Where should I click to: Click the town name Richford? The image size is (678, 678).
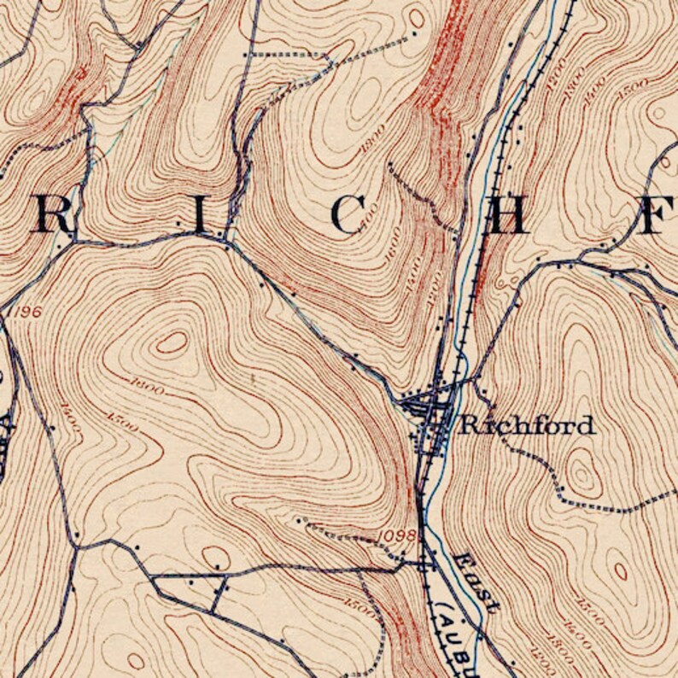click(527, 424)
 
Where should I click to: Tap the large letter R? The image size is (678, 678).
click(53, 215)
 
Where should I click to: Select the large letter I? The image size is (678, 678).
click(200, 214)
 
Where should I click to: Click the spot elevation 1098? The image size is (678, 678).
click(396, 535)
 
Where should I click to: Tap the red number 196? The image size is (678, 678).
click(26, 312)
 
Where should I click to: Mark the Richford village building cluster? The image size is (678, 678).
click(431, 410)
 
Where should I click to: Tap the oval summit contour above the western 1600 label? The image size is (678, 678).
click(172, 342)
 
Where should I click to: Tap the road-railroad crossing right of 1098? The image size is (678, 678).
click(424, 564)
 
